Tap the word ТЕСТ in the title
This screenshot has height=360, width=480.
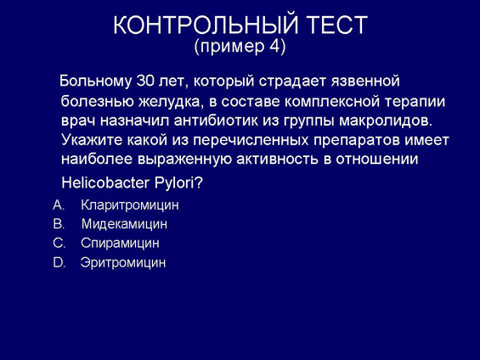337,25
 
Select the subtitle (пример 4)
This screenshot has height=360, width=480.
240,47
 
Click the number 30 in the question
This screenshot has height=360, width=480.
144,81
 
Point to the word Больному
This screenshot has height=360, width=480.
95,82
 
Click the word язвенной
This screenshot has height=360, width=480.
365,82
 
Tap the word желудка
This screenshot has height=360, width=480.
171,102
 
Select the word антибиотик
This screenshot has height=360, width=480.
216,121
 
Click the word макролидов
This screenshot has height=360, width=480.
386,121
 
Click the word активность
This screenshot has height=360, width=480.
278,160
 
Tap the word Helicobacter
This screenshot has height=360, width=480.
105,183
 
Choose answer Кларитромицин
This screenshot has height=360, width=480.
130,205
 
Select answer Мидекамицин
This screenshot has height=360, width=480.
124,224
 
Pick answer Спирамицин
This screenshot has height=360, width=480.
120,244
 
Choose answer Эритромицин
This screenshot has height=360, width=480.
123,262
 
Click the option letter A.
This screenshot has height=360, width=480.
58,205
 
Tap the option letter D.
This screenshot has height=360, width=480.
59,262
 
